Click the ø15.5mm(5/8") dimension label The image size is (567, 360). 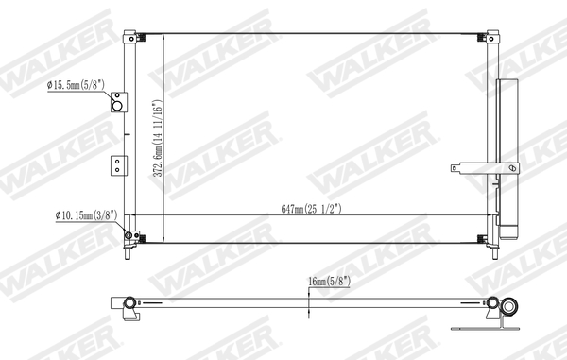click(81, 86)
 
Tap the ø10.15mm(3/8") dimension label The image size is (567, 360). click(84, 214)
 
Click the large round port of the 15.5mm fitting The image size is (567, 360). click(117, 103)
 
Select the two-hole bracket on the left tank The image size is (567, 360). click(117, 164)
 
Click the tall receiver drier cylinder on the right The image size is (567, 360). click(508, 156)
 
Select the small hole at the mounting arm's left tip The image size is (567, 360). click(455, 169)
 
